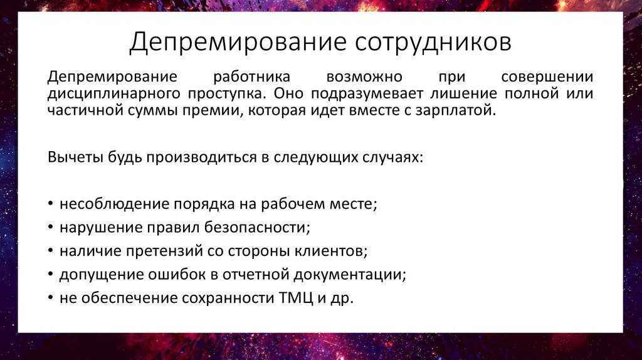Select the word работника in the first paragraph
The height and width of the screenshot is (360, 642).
[251, 77]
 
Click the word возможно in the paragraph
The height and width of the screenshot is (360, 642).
[364, 77]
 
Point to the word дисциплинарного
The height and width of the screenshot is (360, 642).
[114, 94]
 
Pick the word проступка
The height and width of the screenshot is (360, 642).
[227, 94]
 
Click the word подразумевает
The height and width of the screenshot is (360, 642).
[367, 94]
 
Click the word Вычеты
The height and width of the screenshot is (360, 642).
[75, 157]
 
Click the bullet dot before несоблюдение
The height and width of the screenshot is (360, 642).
[50, 204]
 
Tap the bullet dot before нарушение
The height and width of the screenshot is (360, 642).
[50, 227]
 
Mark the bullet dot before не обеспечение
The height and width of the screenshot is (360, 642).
[50, 298]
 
